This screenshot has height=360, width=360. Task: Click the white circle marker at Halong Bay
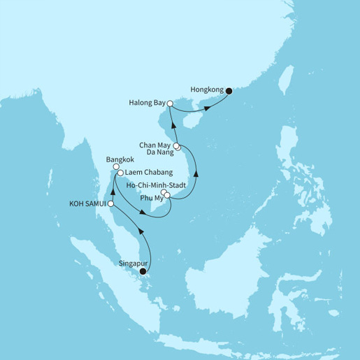170,103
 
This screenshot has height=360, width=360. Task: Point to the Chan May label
154,140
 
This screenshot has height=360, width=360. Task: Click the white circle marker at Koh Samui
110,203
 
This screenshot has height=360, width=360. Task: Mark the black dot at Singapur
143,271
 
